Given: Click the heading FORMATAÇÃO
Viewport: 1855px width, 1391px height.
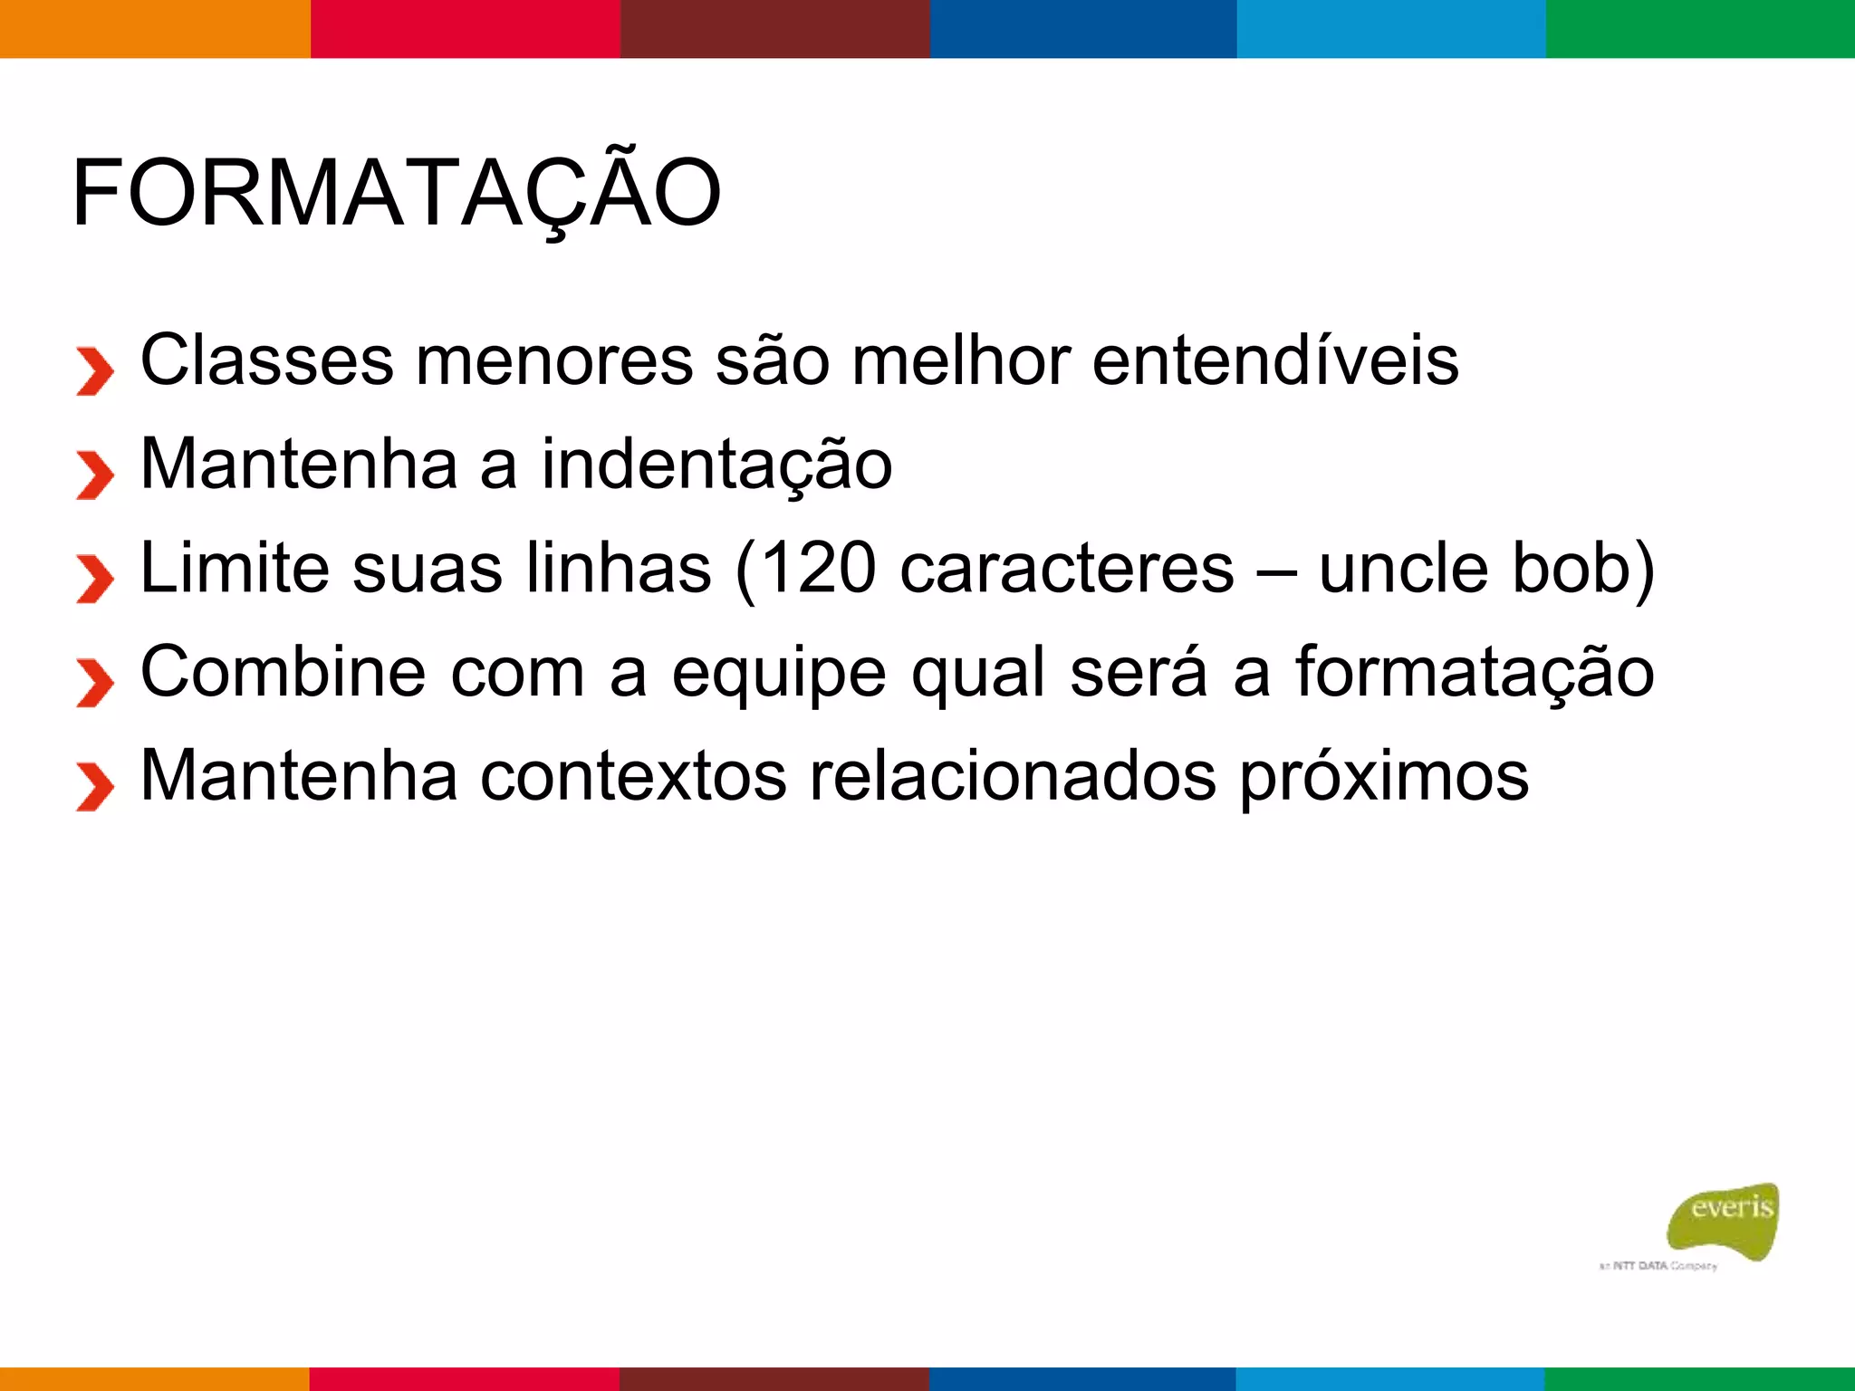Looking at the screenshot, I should coord(396,193).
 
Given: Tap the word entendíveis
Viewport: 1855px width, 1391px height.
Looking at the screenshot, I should coord(1275,360).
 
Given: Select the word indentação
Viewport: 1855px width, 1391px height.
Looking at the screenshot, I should coord(716,465).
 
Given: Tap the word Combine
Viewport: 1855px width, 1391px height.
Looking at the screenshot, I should coord(283,673).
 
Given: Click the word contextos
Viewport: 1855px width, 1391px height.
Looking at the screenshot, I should coord(633,777).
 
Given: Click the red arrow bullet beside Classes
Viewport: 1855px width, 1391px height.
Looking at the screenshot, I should coord(94,371).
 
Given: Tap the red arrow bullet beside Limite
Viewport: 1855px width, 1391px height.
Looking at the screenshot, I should coord(94,579).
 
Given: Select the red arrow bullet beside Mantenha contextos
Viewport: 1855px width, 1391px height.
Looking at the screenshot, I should coord(94,786).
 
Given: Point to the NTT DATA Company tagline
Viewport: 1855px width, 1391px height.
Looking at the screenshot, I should coord(1657,1266).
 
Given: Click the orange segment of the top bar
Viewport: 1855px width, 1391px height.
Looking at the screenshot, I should coord(155,28).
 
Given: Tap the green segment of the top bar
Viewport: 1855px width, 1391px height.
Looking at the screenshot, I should coord(1700,28).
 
